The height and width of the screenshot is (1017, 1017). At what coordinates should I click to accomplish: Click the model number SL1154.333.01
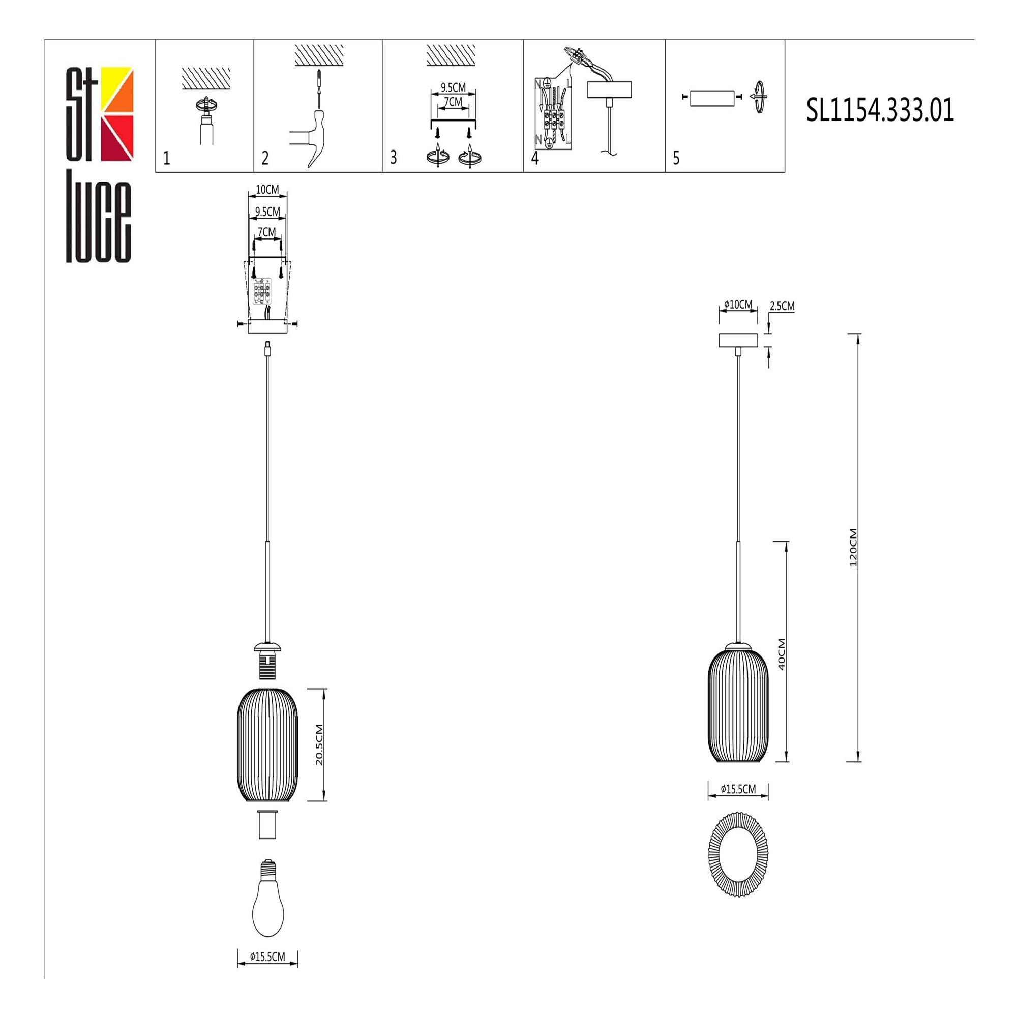[880, 111]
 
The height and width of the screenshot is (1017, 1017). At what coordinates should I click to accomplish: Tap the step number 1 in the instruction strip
[167, 158]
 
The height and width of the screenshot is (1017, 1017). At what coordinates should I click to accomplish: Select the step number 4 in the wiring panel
[535, 158]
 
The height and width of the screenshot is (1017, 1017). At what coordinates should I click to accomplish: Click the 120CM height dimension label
[853, 548]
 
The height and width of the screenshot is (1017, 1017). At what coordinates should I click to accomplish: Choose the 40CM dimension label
[781, 654]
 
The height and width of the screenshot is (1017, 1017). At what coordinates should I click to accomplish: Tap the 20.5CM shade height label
[319, 745]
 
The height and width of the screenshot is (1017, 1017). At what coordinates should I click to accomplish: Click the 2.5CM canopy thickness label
[782, 306]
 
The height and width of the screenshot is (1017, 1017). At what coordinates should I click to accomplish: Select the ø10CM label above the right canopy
[738, 304]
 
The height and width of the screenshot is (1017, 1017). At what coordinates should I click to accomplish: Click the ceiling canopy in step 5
[712, 98]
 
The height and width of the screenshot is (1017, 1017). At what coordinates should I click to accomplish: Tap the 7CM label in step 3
[453, 101]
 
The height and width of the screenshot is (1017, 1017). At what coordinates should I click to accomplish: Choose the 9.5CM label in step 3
[453, 87]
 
